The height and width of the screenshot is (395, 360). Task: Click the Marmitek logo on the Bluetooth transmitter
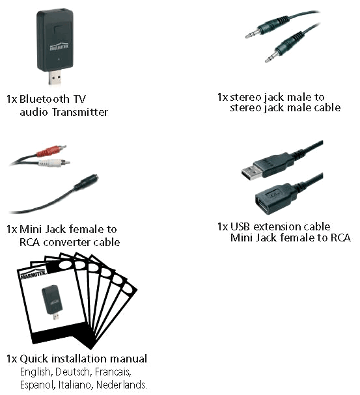click(x=59, y=47)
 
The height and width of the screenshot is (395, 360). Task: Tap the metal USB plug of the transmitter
click(x=55, y=77)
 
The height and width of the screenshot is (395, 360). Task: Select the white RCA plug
click(x=53, y=163)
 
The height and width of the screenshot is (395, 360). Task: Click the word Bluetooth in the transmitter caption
click(x=44, y=99)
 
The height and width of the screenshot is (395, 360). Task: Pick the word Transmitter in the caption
click(x=80, y=112)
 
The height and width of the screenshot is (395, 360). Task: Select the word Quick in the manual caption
click(x=34, y=359)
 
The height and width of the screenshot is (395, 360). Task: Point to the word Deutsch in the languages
click(x=72, y=372)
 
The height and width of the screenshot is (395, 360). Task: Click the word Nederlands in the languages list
click(x=122, y=385)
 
